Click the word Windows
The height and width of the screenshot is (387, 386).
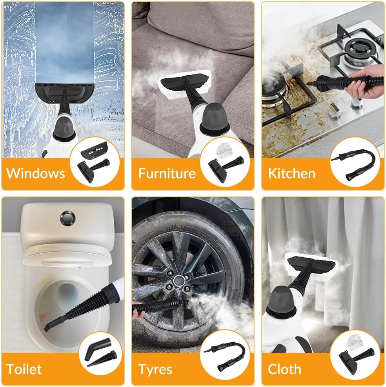coord(36,173)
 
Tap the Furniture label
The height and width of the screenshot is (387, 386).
coord(167,173)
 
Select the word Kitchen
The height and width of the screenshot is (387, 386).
coord(291,173)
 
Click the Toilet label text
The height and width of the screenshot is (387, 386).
coord(24,369)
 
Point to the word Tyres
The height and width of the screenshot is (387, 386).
coord(155,369)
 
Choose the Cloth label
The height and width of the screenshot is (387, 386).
coord(284,369)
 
